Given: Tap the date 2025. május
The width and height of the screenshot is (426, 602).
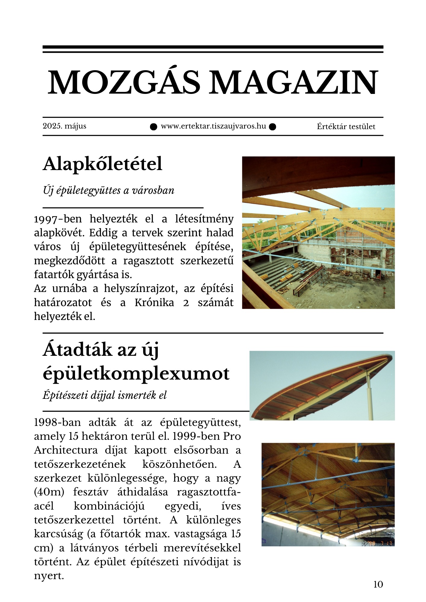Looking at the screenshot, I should [x=64, y=126].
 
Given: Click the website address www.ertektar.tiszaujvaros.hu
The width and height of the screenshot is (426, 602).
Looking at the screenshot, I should [x=213, y=126].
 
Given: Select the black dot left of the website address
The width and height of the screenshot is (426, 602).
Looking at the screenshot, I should [x=154, y=127].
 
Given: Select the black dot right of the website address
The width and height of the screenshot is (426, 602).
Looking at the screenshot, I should [x=272, y=127].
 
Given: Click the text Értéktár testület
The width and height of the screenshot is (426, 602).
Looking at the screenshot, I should [x=346, y=127].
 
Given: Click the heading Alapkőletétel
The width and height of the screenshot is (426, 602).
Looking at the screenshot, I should [x=102, y=164].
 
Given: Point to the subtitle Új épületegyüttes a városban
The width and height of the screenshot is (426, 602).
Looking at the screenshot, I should [x=108, y=191].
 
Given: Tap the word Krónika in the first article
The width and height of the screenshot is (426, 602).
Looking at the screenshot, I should [x=154, y=303].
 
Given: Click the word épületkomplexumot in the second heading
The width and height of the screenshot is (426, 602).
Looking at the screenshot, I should [x=136, y=374].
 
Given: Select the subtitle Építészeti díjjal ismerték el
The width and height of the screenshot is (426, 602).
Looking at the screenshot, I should [x=105, y=395].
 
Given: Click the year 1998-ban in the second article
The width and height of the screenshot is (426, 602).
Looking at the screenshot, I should [x=57, y=423].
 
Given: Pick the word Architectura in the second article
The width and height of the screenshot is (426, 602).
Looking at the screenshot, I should [x=66, y=450].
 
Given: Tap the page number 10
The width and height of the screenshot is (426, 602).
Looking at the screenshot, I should [x=378, y=584].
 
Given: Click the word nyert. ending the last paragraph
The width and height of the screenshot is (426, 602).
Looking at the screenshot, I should [x=49, y=576].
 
